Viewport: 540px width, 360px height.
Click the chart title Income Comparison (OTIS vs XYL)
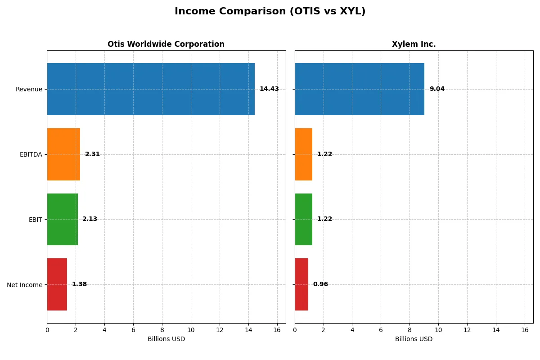(270, 11)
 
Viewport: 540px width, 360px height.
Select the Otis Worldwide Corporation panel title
(166, 44)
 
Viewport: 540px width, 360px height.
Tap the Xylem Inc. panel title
(414, 44)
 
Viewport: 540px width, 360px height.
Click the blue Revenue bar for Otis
(151, 89)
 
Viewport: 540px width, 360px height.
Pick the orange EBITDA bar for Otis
(63, 154)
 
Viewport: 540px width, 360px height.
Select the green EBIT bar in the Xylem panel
(303, 219)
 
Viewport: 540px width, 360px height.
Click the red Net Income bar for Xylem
(301, 284)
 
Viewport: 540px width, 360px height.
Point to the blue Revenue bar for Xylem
(360, 89)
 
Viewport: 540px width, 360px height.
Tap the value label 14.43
(269, 89)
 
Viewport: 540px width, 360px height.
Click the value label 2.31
(92, 154)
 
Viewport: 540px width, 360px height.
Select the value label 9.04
(437, 89)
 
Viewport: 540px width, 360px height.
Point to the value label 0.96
(320, 284)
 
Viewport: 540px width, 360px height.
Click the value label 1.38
(79, 284)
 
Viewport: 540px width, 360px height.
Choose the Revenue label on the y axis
(29, 89)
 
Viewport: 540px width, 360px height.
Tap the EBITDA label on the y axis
(31, 154)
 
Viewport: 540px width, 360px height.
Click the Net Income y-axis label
(25, 284)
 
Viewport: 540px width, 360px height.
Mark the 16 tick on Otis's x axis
(277, 330)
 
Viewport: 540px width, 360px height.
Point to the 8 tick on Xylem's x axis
(409, 330)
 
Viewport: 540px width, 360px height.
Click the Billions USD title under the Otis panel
(166, 339)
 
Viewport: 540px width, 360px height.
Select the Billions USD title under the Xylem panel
(414, 339)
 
